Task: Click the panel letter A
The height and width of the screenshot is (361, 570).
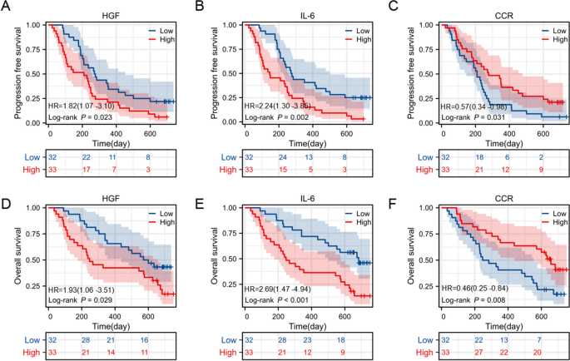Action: (6, 8)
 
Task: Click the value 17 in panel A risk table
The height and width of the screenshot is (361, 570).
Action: (85, 169)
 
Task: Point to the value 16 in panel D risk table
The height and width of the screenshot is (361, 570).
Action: (145, 341)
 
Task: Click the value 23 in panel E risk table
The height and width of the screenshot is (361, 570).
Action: (309, 341)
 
